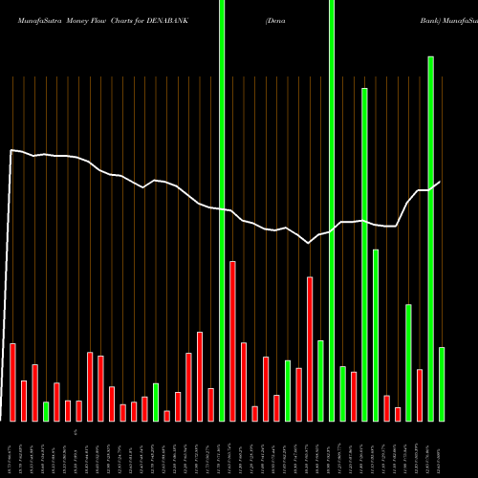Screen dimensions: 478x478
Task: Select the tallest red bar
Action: (232, 340)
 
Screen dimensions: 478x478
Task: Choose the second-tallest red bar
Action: (310, 349)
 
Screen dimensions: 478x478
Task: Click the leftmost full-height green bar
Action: (222, 210)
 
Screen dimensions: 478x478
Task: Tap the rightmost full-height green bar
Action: (332, 210)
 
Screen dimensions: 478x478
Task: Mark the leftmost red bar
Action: (12, 382)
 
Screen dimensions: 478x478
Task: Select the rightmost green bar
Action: (442, 383)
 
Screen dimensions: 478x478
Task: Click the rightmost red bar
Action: (420, 395)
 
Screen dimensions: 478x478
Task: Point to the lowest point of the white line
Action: (309, 244)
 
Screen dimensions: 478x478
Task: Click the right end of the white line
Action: (440, 182)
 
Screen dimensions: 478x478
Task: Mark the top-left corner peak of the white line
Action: (12, 150)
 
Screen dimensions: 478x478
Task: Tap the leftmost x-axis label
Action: (10, 449)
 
